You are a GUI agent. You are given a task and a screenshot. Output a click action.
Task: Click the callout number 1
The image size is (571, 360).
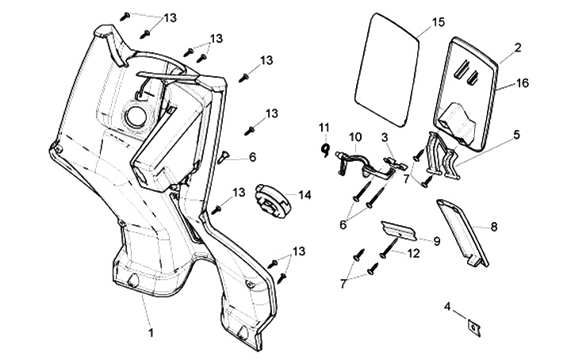click(x=151, y=332)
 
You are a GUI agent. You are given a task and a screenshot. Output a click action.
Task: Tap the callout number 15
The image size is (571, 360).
click(x=439, y=22)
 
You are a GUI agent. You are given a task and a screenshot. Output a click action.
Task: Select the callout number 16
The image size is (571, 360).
click(x=522, y=83)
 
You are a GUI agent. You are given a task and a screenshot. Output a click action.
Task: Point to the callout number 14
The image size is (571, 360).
click(x=305, y=195)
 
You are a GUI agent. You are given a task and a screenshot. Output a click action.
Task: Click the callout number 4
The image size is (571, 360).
click(x=447, y=307)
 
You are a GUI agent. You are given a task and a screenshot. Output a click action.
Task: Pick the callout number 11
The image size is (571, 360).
click(x=324, y=128)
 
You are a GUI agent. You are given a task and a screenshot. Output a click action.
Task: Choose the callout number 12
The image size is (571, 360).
click(x=413, y=253)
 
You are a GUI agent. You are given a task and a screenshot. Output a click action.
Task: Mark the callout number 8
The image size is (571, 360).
click(x=494, y=227)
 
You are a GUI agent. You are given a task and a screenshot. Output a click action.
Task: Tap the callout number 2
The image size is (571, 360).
click(x=518, y=48)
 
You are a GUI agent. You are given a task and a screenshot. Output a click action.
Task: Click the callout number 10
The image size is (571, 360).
click(x=355, y=137)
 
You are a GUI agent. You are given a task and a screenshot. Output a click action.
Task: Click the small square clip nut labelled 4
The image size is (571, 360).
click(x=474, y=327)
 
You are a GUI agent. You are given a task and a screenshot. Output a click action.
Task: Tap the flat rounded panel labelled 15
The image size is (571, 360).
click(x=387, y=70)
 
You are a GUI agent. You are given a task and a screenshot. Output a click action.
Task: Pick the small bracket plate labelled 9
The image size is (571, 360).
click(x=398, y=230)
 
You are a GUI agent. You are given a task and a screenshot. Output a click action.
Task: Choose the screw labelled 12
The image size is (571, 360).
click(x=389, y=247)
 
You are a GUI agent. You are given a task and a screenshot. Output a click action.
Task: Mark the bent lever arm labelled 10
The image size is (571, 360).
click(x=364, y=164)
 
